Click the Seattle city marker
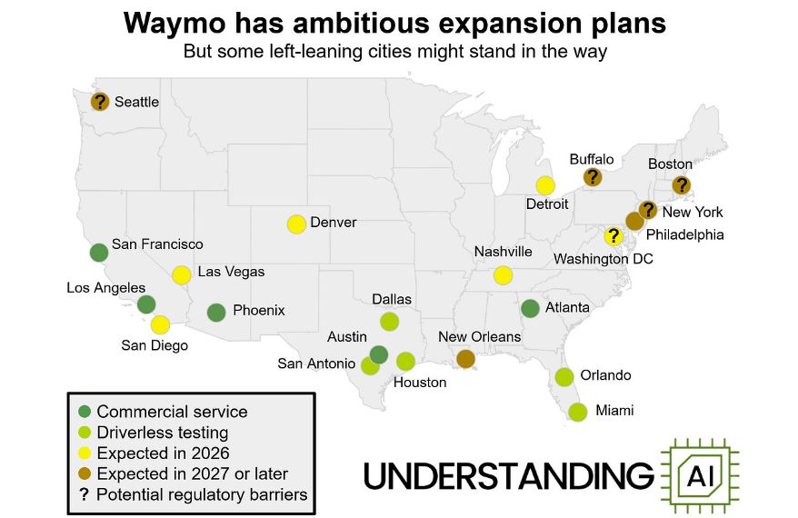(x=100, y=102)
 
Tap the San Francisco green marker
(x=99, y=253)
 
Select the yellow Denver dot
(x=296, y=224)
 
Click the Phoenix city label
(x=258, y=311)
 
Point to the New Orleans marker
(x=465, y=359)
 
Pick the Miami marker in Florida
(x=577, y=412)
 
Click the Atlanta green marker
(x=531, y=308)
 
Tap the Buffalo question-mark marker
(x=593, y=177)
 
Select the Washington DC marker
(x=613, y=236)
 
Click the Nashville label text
(x=503, y=252)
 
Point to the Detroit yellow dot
(x=545, y=185)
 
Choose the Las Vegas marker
(x=182, y=274)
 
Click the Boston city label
(x=670, y=164)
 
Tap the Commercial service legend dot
(x=85, y=412)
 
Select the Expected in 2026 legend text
(x=163, y=453)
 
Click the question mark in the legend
(x=85, y=494)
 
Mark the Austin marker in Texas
(x=379, y=354)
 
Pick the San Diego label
(x=155, y=345)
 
